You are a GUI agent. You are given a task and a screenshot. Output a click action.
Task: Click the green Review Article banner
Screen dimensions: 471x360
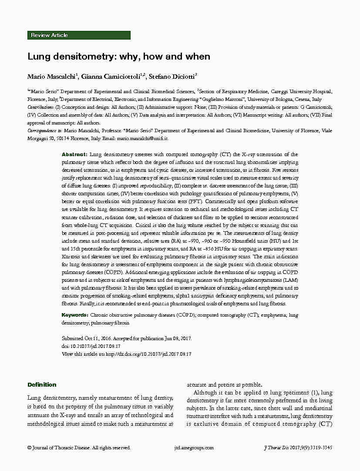pos(79,35)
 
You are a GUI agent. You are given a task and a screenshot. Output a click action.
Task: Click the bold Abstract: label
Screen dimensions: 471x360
pos(74,154)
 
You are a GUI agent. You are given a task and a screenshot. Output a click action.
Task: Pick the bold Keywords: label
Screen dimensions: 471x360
pos(75,315)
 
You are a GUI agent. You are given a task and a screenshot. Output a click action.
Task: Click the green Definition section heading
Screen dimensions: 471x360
pos(42,385)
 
